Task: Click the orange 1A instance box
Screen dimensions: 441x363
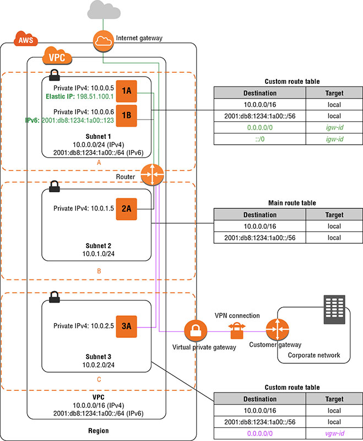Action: (126, 91)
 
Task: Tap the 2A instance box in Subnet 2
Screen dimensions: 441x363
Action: (126, 209)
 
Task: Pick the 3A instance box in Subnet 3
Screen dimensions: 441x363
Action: (126, 326)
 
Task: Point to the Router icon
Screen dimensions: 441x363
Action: (152, 175)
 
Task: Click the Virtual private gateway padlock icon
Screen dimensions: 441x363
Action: (196, 331)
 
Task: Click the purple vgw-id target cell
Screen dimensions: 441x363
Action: (334, 432)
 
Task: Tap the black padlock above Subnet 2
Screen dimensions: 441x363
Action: (54, 187)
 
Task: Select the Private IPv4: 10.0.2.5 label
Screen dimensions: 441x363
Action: (83, 326)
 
